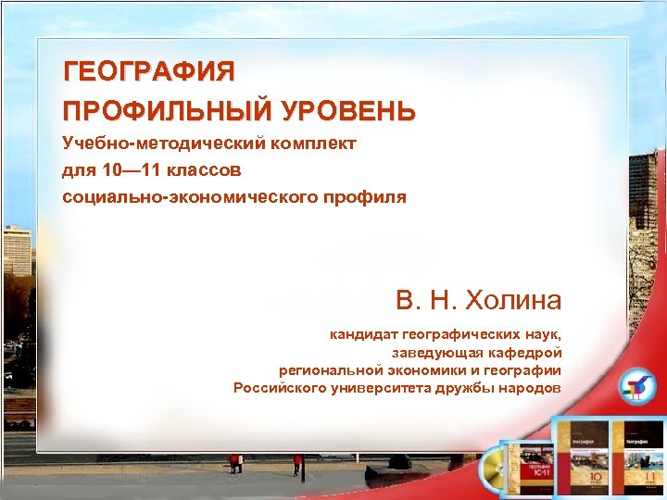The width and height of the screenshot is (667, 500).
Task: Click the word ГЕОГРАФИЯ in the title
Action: (148, 70)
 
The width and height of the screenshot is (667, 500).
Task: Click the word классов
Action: (207, 170)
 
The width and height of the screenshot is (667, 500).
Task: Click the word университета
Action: (397, 388)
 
